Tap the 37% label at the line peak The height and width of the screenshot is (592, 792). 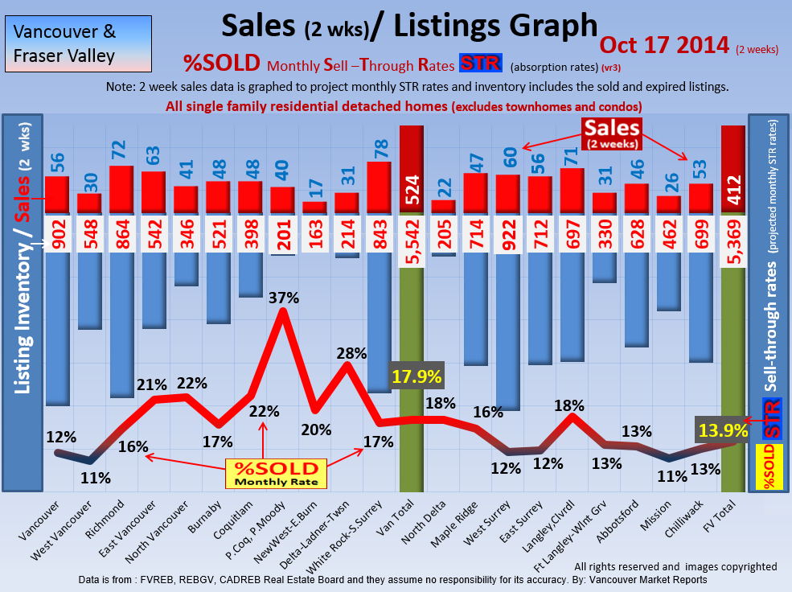282,298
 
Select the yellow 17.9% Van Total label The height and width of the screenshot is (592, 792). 417,376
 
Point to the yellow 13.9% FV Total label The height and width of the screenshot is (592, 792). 722,430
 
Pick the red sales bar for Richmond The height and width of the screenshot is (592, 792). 121,190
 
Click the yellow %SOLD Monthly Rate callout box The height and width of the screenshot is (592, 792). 276,474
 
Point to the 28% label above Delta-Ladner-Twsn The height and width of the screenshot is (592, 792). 351,353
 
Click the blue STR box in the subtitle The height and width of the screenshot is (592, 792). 480,64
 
